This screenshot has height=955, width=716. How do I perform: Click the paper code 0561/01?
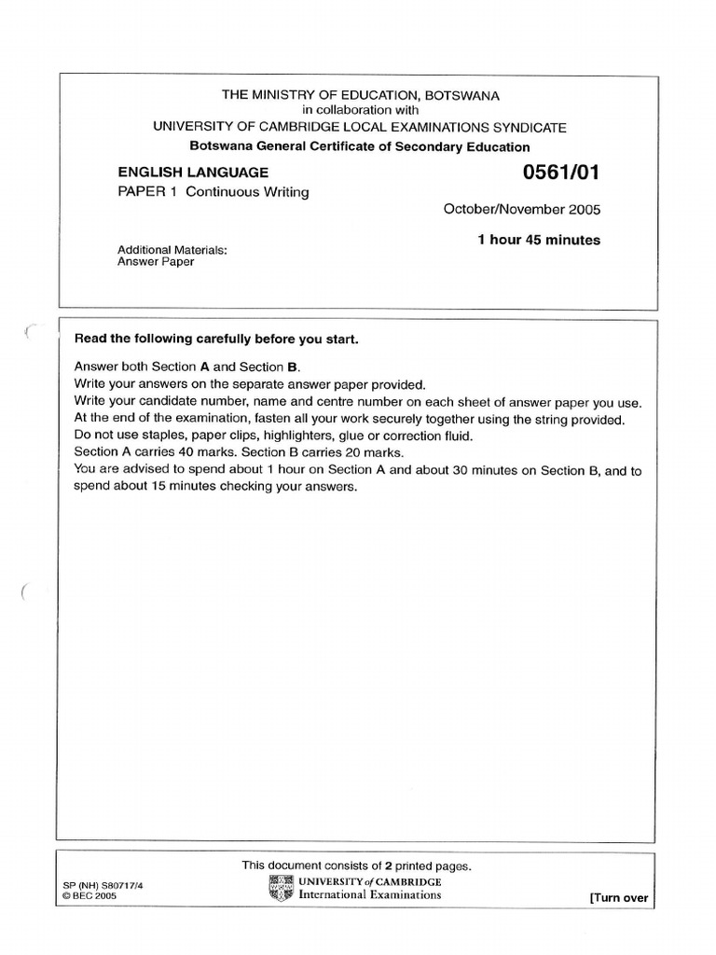pyautogui.click(x=562, y=173)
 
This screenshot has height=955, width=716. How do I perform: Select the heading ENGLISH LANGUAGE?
pyautogui.click(x=193, y=173)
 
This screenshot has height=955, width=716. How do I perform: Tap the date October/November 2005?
pyautogui.click(x=522, y=209)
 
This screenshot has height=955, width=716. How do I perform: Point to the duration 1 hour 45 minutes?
pyautogui.click(x=539, y=240)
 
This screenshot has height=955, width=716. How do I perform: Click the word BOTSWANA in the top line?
pyautogui.click(x=463, y=95)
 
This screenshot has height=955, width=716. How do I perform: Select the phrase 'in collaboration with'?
pyautogui.click(x=360, y=110)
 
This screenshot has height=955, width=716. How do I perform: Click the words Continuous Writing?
pyautogui.click(x=247, y=192)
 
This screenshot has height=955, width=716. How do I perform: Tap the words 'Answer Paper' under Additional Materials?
pyautogui.click(x=156, y=262)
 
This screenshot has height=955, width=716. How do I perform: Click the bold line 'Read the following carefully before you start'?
pyautogui.click(x=216, y=339)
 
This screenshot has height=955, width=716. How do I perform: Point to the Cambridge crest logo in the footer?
pyautogui.click(x=281, y=888)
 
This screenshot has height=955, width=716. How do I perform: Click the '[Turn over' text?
pyautogui.click(x=618, y=898)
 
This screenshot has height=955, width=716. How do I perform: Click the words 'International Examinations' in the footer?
pyautogui.click(x=370, y=894)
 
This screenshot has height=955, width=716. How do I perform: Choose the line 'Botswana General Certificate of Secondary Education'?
pyautogui.click(x=360, y=146)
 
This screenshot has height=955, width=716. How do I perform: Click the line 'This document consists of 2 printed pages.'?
pyautogui.click(x=357, y=865)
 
